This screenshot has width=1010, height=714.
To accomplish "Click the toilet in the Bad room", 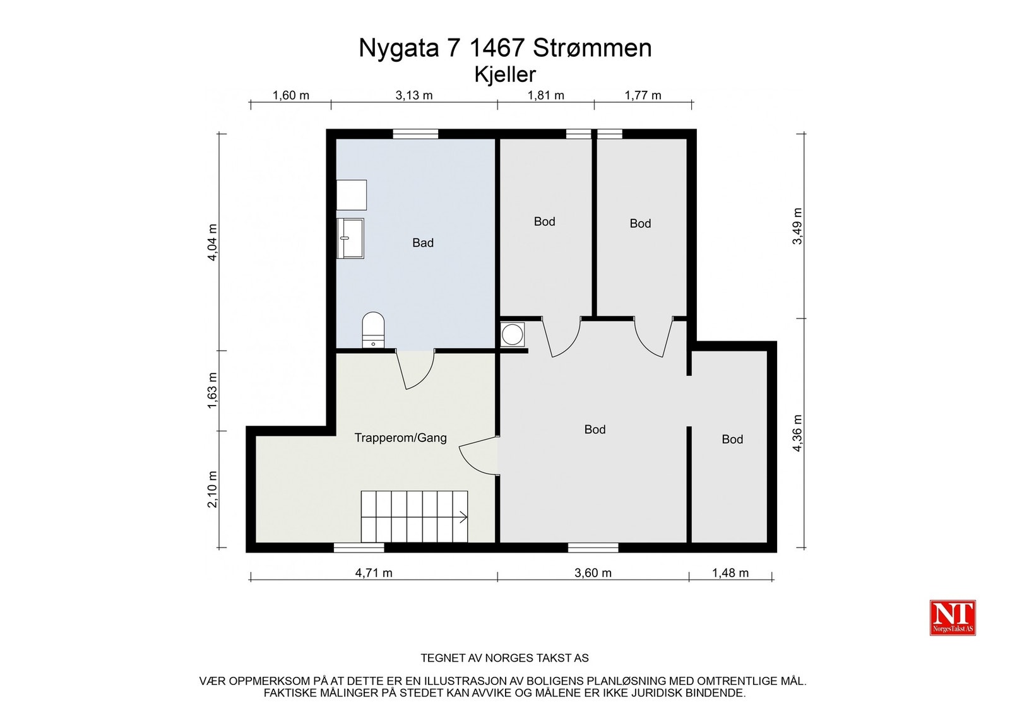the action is point(373,330).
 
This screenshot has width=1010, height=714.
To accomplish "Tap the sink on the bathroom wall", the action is point(350,238).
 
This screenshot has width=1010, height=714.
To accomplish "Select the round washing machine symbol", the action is point(513,334).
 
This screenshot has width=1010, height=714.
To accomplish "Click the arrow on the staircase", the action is point(463,517).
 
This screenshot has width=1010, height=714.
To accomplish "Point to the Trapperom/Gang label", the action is point(400,438).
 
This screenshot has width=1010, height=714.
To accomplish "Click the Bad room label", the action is point(423,243).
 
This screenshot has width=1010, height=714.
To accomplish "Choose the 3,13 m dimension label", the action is point(414,95).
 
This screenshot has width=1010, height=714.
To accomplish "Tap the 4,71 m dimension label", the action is point(374,573).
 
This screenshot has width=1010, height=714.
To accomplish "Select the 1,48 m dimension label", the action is point(730,573).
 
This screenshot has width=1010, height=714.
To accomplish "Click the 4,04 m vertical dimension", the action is point(212,242).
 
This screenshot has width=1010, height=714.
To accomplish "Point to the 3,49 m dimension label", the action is point(797,226).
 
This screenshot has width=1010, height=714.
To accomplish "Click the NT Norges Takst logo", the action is point(953,617).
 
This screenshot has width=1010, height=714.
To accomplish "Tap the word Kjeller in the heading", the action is point(505,74).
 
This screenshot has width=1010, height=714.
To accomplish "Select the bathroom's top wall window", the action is point(415,134).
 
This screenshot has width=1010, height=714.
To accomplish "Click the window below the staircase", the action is point(359,547).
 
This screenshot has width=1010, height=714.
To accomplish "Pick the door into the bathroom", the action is point(415,369).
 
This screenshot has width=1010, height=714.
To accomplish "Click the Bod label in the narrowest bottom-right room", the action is point(732,439).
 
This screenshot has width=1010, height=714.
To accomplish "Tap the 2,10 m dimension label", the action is point(212,489).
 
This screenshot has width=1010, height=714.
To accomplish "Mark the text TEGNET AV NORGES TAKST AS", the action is point(504,658).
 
